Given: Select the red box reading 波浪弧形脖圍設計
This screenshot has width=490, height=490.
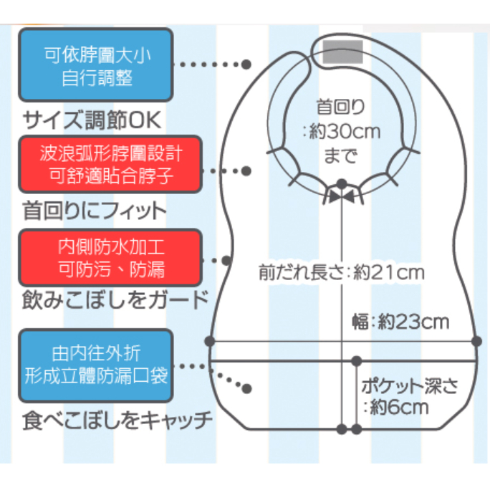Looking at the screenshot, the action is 110,164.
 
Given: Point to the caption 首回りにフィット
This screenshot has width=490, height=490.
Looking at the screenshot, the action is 94,211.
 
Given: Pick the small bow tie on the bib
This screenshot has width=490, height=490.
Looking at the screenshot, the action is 342,196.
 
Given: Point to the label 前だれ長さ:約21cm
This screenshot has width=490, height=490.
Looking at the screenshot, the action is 341,273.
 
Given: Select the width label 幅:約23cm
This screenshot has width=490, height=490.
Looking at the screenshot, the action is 402,322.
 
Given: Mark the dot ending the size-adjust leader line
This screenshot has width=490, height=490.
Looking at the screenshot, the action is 246,64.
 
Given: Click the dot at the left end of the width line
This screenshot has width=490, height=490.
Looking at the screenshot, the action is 210,340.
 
